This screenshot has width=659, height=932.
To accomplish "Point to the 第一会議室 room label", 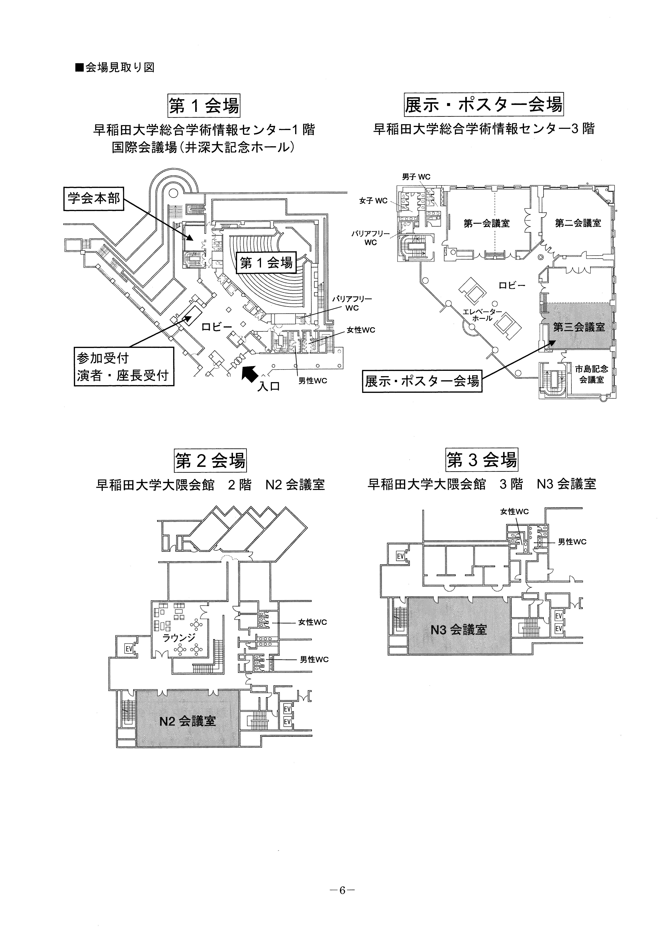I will [x=486, y=223].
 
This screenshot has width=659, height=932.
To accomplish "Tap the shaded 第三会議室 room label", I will [x=579, y=327].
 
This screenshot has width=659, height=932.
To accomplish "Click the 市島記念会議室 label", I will [x=592, y=374].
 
